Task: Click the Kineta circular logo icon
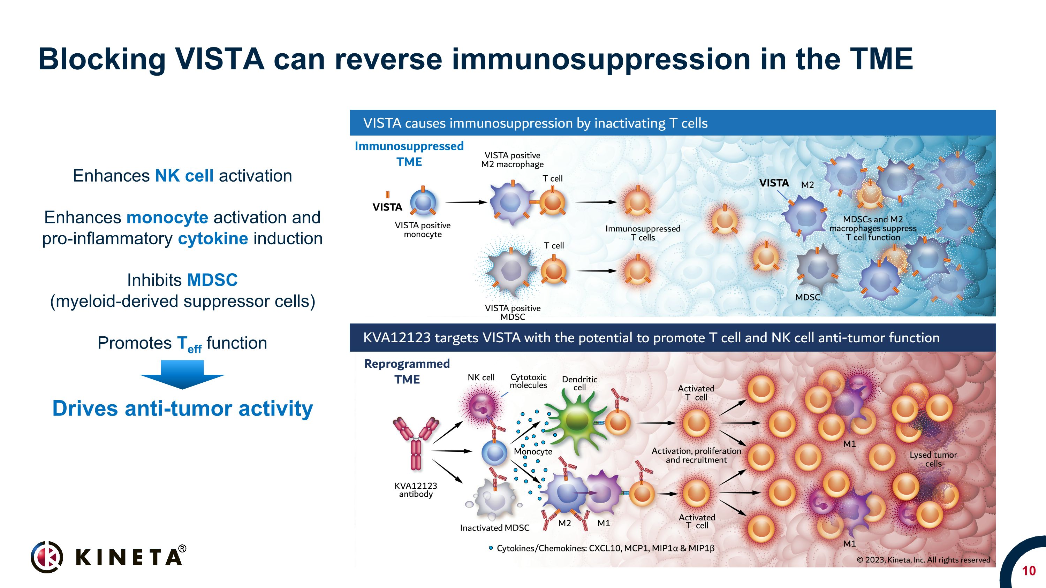(47, 557)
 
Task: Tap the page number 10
(1029, 571)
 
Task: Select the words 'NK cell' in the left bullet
(184, 176)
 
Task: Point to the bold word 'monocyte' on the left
(167, 217)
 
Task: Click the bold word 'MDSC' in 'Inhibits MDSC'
(212, 280)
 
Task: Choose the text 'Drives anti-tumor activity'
(183, 408)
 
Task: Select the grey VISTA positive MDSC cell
(511, 269)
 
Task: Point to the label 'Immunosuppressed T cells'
(643, 233)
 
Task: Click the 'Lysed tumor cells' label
(933, 459)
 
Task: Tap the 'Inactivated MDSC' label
(494, 528)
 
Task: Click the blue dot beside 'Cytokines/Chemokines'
(491, 548)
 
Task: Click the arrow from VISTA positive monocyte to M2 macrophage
(466, 202)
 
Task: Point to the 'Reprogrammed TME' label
(407, 371)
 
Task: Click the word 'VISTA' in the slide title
(220, 59)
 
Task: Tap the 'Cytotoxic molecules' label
(528, 381)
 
